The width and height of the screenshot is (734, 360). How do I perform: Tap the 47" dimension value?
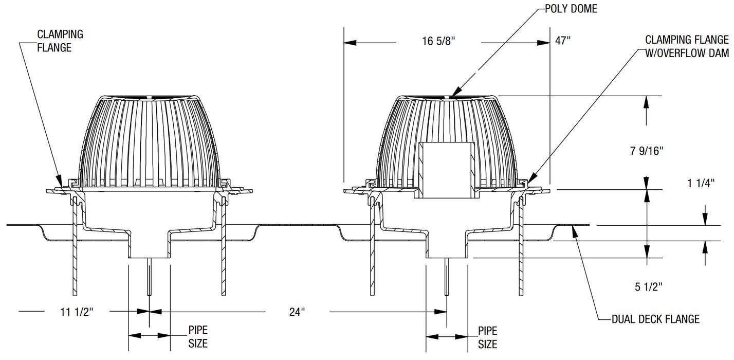coord(563,41)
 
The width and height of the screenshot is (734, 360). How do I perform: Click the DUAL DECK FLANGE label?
coord(655,319)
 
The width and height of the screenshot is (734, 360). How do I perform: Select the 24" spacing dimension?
coord(297,311)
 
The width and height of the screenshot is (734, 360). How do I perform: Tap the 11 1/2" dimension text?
coord(77,311)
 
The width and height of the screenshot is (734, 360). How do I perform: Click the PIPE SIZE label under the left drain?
coord(198,336)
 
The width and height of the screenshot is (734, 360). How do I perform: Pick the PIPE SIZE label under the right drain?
coord(488,337)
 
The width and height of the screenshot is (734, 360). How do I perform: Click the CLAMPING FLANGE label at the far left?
coord(60,41)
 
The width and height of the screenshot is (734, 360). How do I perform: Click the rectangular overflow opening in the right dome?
coord(447,170)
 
